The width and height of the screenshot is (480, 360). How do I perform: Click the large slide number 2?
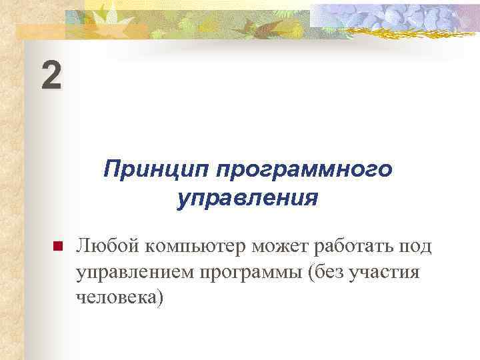[x=51, y=75]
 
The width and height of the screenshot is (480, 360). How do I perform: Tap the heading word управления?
[x=247, y=198]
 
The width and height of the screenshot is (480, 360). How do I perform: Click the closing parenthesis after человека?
[x=159, y=297]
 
